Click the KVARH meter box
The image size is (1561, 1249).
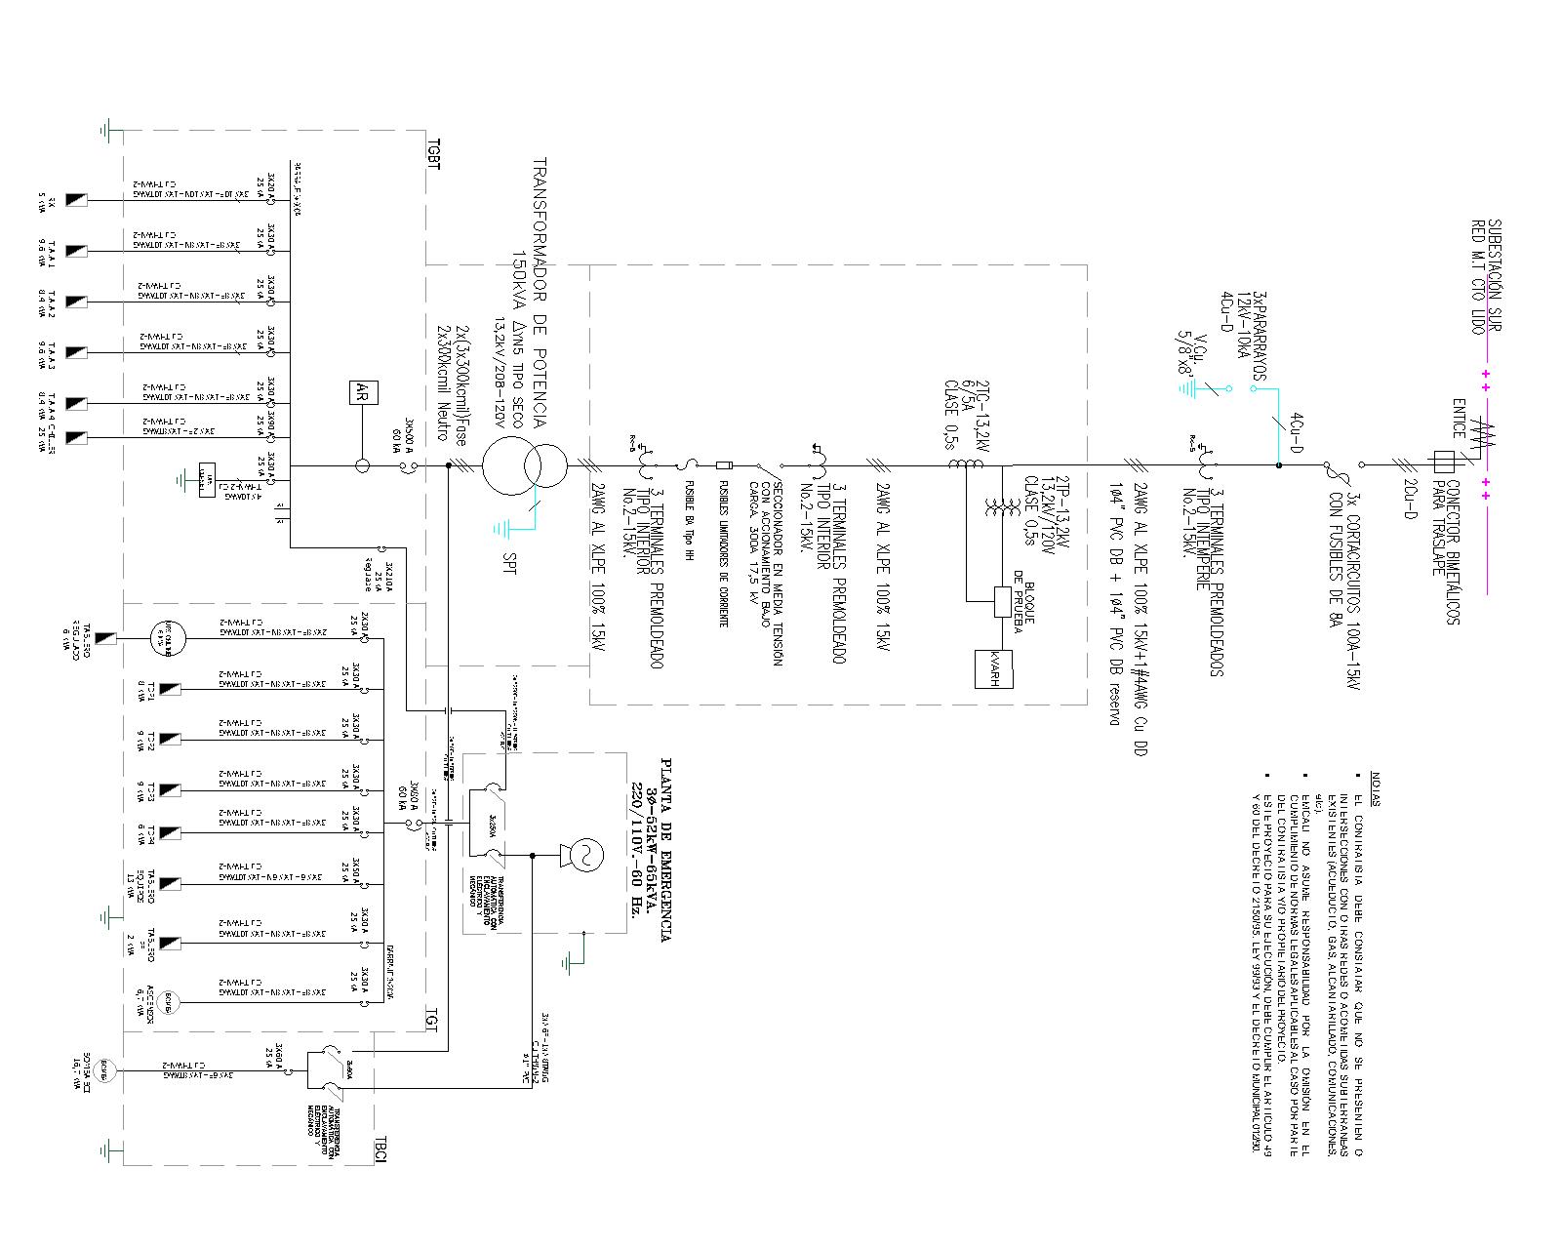click(x=995, y=668)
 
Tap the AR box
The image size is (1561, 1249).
click(x=363, y=394)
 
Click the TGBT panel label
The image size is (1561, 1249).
click(x=434, y=152)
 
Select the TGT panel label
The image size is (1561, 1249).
click(x=431, y=1018)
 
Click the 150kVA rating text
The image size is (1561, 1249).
click(x=519, y=293)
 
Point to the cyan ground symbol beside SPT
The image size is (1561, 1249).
click(x=500, y=529)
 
